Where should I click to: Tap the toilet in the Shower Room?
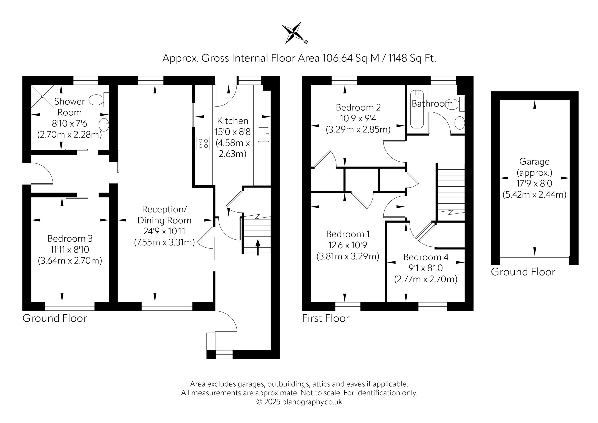pos(99,100)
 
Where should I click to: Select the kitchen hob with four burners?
pos(203,143)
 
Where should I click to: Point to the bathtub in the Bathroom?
pos(417,109)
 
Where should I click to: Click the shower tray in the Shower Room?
pos(43,96)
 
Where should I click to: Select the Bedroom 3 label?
pos(70,238)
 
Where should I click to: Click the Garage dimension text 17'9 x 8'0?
pos(534,183)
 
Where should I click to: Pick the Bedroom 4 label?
pos(426,257)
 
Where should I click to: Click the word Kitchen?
pos(233,121)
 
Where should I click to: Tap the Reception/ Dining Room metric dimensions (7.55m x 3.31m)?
pos(165,242)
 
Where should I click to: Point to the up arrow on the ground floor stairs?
pos(258,247)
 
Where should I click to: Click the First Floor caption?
pos(326,318)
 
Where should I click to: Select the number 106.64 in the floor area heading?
pos(338,58)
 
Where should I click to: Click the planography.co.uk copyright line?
pos(299,402)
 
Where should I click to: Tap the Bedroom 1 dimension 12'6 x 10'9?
pos(348,245)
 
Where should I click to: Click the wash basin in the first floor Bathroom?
pos(460,123)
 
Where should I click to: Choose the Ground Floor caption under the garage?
pos(523,272)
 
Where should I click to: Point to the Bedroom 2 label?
pos(358,107)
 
